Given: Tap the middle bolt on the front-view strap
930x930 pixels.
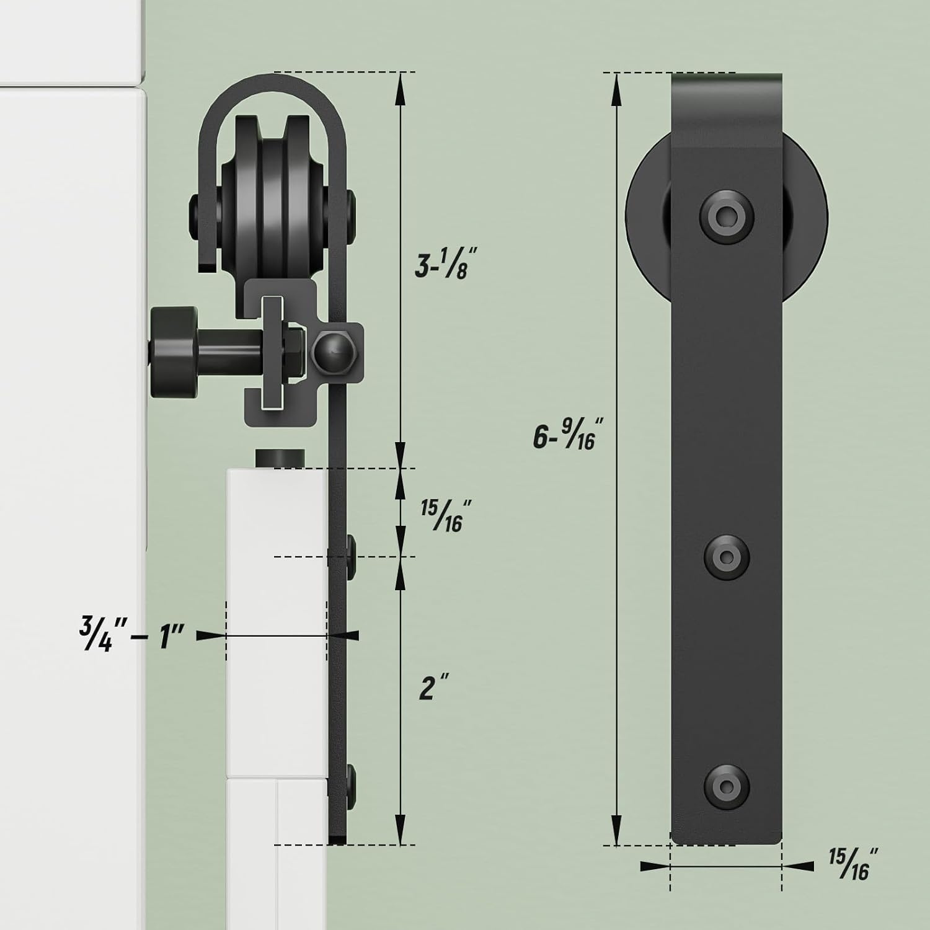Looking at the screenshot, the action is coord(726,556).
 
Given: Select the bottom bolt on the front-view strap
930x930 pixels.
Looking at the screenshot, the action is coord(726,783).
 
